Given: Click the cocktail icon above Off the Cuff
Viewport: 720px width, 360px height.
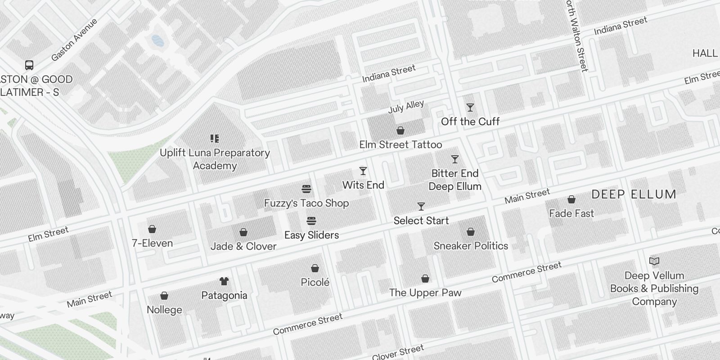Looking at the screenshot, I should (x=470, y=108).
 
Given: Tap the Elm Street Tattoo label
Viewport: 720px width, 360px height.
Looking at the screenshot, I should (x=400, y=145).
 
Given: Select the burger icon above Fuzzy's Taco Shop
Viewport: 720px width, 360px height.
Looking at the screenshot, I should (x=306, y=189).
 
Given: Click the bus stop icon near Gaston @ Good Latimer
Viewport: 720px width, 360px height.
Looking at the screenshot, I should (x=29, y=65).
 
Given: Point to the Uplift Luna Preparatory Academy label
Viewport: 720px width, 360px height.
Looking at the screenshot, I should (x=215, y=159).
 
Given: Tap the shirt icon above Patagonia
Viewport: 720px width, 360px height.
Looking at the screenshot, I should (x=224, y=281).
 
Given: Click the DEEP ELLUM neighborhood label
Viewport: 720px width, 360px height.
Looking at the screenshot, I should (x=634, y=194).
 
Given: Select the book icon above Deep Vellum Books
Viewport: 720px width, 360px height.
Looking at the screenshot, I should (x=654, y=261).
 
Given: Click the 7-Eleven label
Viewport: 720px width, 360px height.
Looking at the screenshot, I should (x=152, y=243).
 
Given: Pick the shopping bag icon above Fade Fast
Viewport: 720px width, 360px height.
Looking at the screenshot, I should (x=571, y=199).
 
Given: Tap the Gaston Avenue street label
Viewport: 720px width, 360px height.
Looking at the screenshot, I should (x=74, y=40).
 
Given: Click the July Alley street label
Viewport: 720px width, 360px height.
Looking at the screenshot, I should (x=406, y=107).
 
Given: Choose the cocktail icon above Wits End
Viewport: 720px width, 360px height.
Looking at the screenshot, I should (x=363, y=171).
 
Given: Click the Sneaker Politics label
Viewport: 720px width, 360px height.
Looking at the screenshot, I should (x=471, y=246).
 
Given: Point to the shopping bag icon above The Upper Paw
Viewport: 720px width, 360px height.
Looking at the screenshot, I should (x=425, y=279).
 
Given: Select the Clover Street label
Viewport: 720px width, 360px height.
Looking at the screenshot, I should (x=398, y=352).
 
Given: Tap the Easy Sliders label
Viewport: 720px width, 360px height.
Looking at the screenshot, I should (x=311, y=235).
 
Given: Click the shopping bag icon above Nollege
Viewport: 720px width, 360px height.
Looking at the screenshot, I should (x=164, y=296).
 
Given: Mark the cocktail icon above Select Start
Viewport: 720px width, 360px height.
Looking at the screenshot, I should (x=421, y=207).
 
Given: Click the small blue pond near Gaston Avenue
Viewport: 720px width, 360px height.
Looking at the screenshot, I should (x=157, y=41).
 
